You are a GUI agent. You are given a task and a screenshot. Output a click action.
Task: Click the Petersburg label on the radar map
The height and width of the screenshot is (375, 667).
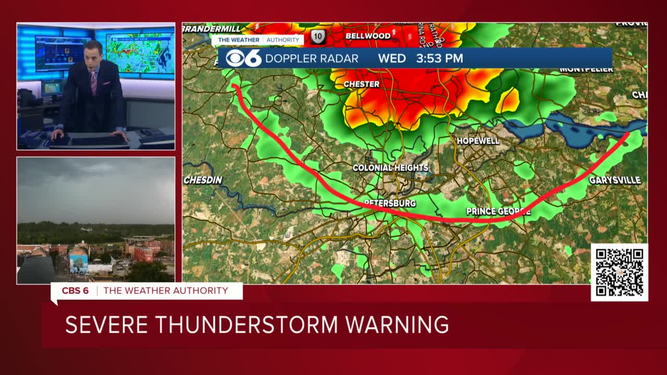(x=390, y=203)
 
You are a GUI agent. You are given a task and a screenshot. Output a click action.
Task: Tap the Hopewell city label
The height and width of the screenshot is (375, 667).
(x=478, y=141)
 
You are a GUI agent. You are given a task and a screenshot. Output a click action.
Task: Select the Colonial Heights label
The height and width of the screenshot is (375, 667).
(x=390, y=168)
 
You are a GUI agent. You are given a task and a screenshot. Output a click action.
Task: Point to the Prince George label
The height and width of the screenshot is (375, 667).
(x=498, y=211)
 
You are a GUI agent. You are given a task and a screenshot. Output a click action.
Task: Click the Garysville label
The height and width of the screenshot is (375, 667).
(x=614, y=180)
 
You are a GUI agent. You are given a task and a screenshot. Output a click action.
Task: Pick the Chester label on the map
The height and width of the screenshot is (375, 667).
(x=361, y=84)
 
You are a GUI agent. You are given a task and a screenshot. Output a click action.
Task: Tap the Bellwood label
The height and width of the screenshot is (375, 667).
(x=368, y=36)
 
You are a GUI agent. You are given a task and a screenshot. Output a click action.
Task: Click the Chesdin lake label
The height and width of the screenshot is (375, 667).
(x=203, y=180)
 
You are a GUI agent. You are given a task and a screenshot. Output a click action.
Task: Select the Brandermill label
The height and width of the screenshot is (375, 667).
(x=212, y=29)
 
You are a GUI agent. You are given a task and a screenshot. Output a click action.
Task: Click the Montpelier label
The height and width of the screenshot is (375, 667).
(x=586, y=69)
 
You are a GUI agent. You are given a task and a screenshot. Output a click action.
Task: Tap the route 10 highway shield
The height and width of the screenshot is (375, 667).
(x=318, y=36)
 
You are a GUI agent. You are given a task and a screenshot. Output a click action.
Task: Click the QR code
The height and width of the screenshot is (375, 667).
(x=619, y=272)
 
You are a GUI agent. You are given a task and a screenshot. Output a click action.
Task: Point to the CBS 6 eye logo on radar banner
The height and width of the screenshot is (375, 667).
(x=243, y=58)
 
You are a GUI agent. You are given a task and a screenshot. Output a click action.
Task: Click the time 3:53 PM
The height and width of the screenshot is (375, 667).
(x=439, y=58)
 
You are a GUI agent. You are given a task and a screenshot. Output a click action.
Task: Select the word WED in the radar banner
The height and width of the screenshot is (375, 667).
(x=392, y=58)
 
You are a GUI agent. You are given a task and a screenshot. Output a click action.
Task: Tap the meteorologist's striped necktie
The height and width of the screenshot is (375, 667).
(x=94, y=83)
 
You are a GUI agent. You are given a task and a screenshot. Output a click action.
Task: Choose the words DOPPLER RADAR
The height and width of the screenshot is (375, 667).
(x=312, y=58)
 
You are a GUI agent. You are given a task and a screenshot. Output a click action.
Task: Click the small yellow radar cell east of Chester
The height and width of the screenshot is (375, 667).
(x=509, y=100)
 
